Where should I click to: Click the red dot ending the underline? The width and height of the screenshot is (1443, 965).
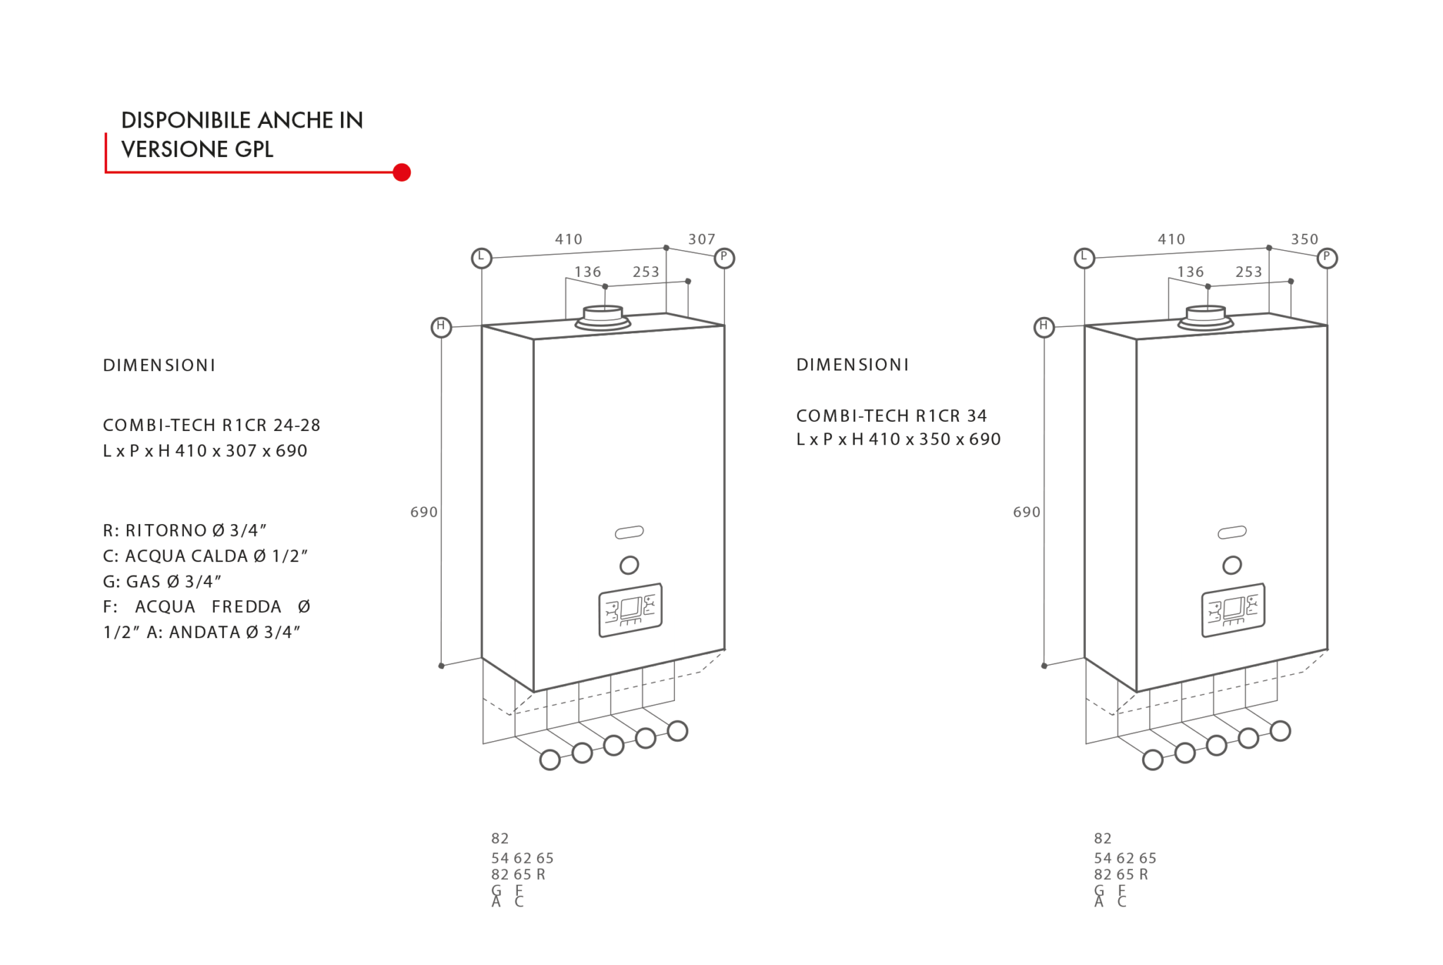click(402, 173)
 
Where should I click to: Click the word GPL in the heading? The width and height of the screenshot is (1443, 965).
click(254, 149)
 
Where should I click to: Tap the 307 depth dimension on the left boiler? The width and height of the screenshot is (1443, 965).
click(701, 239)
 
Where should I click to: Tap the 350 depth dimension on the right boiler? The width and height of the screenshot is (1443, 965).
click(1304, 239)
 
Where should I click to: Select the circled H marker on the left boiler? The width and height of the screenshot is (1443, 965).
click(441, 327)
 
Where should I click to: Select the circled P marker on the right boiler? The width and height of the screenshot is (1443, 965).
click(1327, 258)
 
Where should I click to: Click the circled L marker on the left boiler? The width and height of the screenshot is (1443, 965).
click(481, 258)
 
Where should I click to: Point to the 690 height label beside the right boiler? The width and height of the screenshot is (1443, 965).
click(1027, 512)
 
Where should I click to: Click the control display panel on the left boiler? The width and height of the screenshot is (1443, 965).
click(631, 610)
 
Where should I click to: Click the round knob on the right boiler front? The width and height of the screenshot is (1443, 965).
click(1232, 565)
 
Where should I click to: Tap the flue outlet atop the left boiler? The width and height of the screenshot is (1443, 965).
click(603, 318)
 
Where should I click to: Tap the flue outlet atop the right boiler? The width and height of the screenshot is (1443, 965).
click(1206, 318)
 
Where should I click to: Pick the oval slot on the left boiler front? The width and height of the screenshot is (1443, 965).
click(629, 533)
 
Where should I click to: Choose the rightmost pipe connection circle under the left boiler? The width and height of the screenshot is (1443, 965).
click(677, 731)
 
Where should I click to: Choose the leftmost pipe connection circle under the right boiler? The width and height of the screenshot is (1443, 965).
click(1153, 760)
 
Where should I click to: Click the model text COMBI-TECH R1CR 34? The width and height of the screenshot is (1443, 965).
click(891, 416)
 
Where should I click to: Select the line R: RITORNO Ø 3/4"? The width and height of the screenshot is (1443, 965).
click(185, 530)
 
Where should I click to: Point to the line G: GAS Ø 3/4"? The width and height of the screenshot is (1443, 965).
click(162, 581)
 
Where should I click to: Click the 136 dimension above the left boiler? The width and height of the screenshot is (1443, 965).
click(588, 272)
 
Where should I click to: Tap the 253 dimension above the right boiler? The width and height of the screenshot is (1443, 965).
click(1249, 272)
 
